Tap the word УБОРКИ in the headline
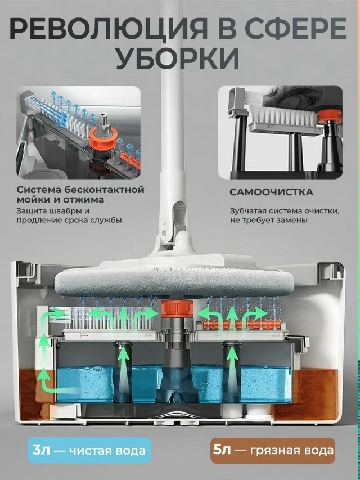click(178, 59)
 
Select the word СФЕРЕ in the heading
click(296, 30)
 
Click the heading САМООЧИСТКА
click(271, 192)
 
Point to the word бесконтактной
click(105, 190)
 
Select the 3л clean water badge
click(89, 451)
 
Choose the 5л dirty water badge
click(273, 451)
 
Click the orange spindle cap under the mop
click(177, 308)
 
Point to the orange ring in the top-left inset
click(103, 138)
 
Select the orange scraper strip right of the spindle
click(242, 325)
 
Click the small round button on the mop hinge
click(164, 232)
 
